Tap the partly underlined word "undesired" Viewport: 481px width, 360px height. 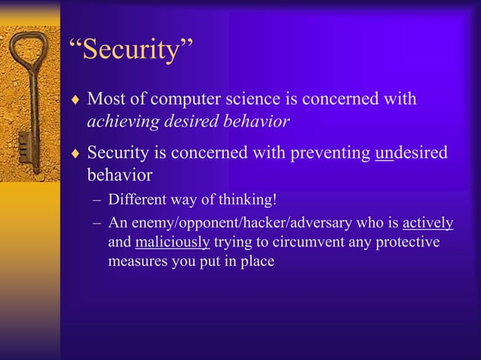click(x=410, y=153)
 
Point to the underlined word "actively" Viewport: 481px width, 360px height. click(x=427, y=223)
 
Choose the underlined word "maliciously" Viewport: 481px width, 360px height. click(x=173, y=243)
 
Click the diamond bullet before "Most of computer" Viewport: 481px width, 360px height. click(x=75, y=100)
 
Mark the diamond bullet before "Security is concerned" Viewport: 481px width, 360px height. click(x=75, y=154)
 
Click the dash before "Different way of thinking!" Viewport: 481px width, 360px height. click(x=97, y=201)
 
